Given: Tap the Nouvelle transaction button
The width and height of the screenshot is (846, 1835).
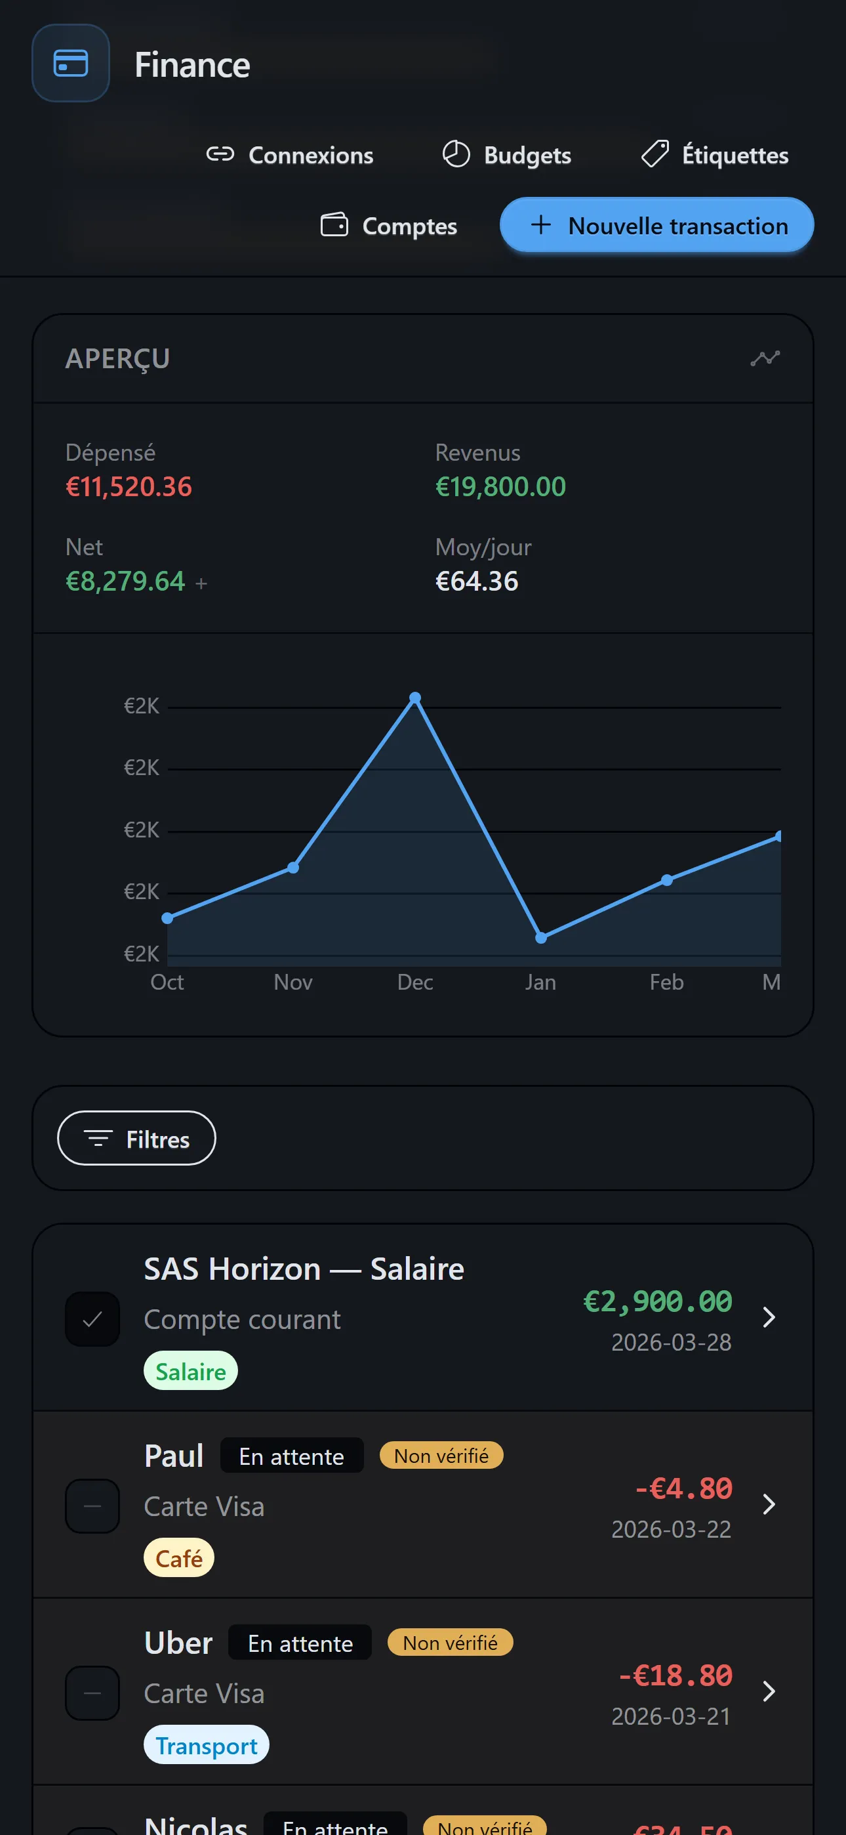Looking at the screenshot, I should click(656, 225).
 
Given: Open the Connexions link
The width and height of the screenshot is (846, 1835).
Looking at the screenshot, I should click(290, 155).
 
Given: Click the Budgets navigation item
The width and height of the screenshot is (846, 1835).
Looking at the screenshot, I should click(506, 155).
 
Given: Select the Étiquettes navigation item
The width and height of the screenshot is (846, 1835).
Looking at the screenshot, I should click(715, 155).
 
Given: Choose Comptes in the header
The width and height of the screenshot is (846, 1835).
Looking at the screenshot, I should click(389, 225).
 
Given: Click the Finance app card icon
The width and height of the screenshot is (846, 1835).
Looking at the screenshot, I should click(71, 64).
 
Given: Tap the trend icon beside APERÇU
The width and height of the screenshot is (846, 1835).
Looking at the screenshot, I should click(765, 358).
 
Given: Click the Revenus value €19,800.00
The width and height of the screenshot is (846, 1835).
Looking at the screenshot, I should click(500, 486).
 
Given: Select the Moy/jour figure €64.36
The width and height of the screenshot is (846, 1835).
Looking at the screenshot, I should click(476, 581).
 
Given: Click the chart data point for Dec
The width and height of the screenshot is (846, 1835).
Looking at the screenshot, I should click(415, 698).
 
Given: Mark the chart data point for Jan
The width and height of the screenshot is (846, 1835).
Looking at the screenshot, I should click(541, 937).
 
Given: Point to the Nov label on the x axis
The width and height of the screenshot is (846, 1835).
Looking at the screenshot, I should click(292, 982).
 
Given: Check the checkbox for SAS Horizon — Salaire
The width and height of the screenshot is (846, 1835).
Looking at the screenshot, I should click(92, 1318).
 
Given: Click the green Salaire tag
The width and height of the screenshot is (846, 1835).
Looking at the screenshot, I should click(190, 1371).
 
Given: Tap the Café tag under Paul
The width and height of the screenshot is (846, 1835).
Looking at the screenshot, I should click(179, 1558).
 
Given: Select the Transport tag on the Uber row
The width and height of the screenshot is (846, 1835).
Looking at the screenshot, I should click(207, 1745).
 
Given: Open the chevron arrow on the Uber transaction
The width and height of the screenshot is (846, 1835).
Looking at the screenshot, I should click(769, 1691).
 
